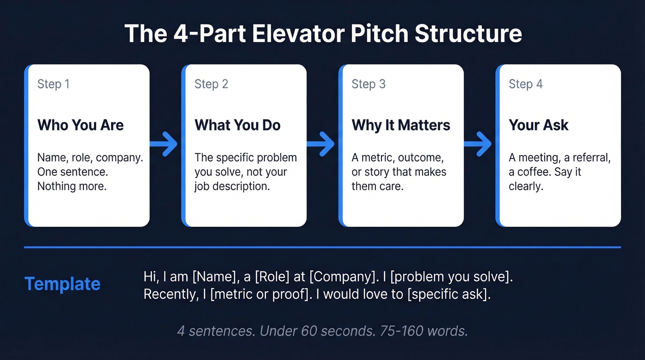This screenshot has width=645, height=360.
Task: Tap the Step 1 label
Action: coord(53,84)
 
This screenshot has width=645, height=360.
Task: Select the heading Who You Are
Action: coord(81,125)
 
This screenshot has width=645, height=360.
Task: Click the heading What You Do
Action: coord(238,125)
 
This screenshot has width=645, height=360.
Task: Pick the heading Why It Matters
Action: coord(401,125)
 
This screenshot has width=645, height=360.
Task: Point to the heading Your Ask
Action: coord(539,125)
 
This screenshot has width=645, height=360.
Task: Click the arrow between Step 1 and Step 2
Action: coord(165,144)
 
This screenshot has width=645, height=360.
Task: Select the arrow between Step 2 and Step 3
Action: coord(322,144)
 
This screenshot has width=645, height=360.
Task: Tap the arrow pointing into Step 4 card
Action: coord(479,144)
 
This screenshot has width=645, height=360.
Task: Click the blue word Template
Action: coord(62,284)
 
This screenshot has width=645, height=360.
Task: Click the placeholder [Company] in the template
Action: coord(342,277)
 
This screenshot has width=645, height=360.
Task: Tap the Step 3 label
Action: coord(368,84)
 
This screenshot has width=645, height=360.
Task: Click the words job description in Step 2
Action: coord(231,186)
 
